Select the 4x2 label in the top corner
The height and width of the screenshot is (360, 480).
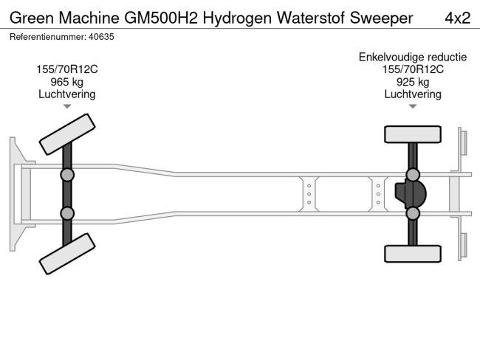coord(458,18)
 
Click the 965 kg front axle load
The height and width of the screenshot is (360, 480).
coord(67,82)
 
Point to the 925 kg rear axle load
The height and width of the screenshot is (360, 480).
coord(413,82)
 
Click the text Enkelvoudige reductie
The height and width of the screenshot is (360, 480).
coord(413,57)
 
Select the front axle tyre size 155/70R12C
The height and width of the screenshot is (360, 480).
coord(67,69)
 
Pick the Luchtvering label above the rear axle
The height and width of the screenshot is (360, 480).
coord(413,94)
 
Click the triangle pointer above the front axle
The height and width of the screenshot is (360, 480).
coord(67,107)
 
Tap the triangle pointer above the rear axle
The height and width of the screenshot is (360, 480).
coord(413,107)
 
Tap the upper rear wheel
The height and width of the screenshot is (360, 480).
coord(412,134)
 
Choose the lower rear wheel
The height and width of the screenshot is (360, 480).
coord(412,253)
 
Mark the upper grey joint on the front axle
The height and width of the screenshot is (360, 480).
coord(67,175)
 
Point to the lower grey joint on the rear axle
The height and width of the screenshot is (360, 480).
coord(412,213)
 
